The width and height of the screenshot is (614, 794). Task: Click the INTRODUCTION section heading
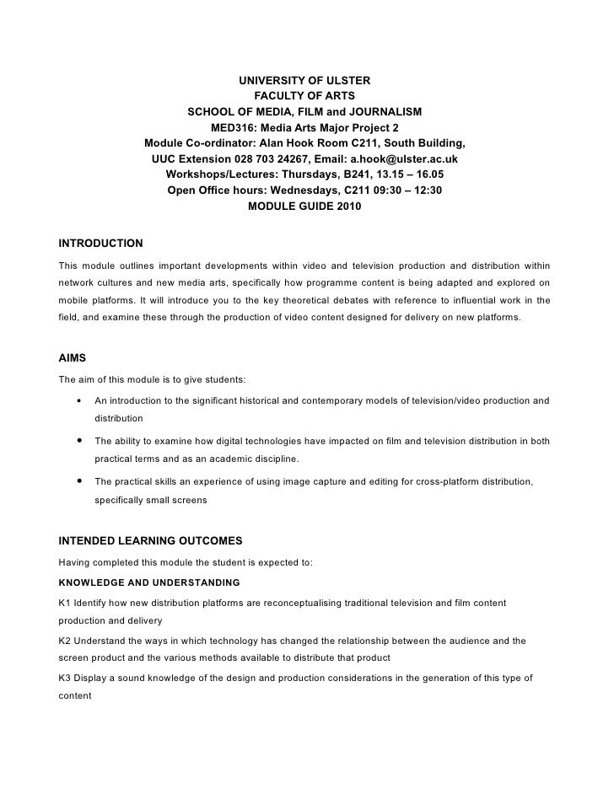point(100,244)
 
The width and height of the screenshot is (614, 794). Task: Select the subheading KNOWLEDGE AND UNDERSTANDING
point(148,582)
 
